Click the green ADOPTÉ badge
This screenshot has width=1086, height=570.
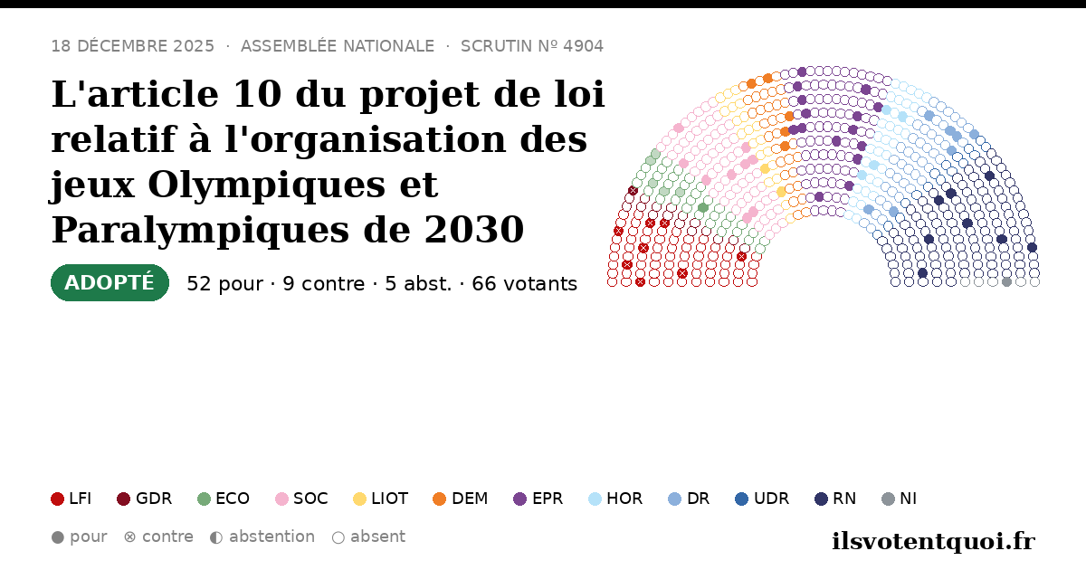[110, 282]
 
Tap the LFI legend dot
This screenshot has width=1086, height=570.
[57, 499]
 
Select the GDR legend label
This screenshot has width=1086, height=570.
[154, 499]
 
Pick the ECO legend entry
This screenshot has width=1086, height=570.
[224, 499]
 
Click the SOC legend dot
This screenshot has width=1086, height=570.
[281, 499]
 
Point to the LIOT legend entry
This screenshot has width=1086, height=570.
[381, 499]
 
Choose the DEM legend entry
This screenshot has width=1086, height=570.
[460, 499]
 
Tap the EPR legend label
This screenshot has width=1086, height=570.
[548, 499]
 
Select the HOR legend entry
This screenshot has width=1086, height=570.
[615, 499]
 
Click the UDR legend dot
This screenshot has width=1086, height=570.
[742, 499]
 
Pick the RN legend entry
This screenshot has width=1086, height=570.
[835, 499]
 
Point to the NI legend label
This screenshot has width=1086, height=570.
[908, 499]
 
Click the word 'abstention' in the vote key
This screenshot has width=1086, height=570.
[272, 537]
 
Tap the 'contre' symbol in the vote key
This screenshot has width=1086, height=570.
[130, 537]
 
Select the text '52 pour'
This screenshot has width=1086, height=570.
[225, 284]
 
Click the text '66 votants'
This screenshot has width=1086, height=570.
[525, 284]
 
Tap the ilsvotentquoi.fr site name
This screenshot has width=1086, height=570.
[934, 541]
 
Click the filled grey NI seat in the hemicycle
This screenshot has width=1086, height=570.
[1006, 282]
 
